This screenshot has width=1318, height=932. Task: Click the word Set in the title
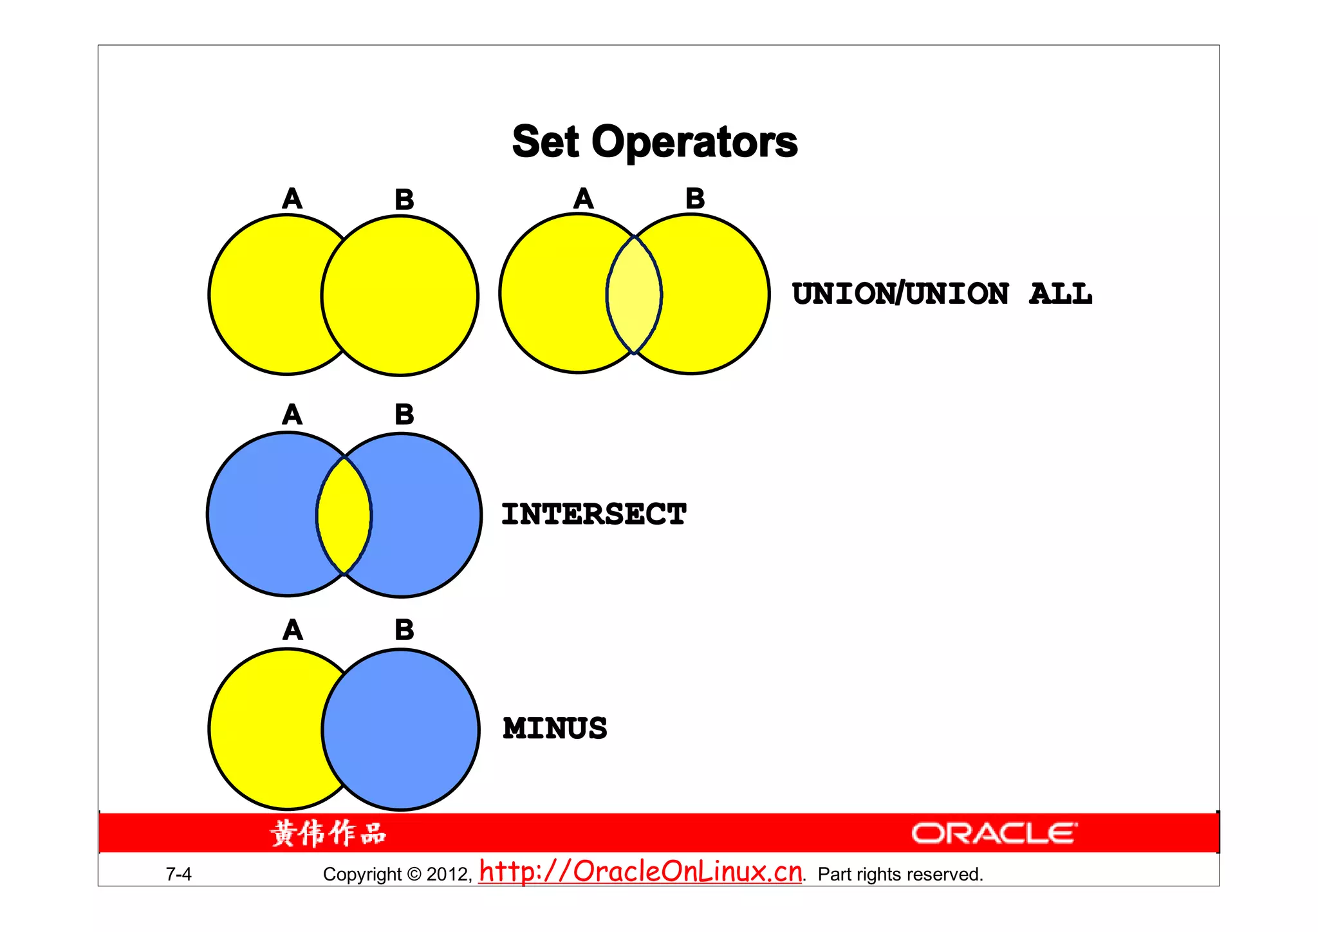[x=545, y=142]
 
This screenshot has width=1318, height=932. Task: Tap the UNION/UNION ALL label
[x=942, y=294]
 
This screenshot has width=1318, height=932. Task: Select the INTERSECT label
[x=593, y=514]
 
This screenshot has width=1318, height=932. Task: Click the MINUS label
[x=555, y=729]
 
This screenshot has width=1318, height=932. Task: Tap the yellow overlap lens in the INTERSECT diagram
[x=344, y=515]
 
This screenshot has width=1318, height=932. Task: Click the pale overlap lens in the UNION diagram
[x=634, y=295]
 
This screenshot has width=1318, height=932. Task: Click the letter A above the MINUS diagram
[x=292, y=629]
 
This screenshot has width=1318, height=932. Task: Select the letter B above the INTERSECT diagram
[x=404, y=415]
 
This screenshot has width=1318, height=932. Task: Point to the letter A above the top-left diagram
[x=292, y=199]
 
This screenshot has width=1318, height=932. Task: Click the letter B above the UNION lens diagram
[x=695, y=199]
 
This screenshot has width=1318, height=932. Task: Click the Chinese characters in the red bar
[x=328, y=834]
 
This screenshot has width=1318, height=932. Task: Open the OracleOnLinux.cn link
[x=641, y=871]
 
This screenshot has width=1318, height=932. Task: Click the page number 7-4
[x=178, y=874]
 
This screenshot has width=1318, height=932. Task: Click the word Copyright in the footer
[x=362, y=874]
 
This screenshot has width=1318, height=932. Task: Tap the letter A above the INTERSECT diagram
[x=292, y=415]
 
